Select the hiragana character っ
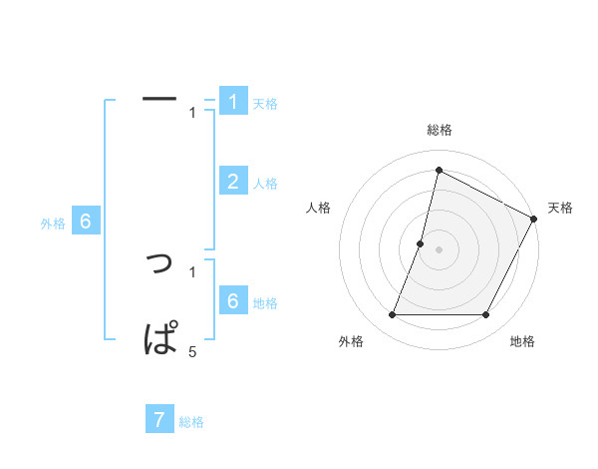[159, 264]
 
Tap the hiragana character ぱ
[161, 336]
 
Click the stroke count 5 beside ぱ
[192, 351]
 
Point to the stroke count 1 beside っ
[192, 270]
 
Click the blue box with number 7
[159, 419]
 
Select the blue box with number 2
[233, 181]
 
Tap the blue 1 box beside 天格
[233, 101]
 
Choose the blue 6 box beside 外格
[86, 222]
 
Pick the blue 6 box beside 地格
[233, 300]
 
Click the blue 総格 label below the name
[191, 422]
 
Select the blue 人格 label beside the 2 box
[265, 184]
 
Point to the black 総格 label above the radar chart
[439, 130]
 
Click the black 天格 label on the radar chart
[560, 208]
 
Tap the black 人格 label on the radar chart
[319, 208]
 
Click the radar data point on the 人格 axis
[421, 243]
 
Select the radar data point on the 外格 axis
[392, 315]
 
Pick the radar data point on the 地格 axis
[486, 315]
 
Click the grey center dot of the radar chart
[439, 249]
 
